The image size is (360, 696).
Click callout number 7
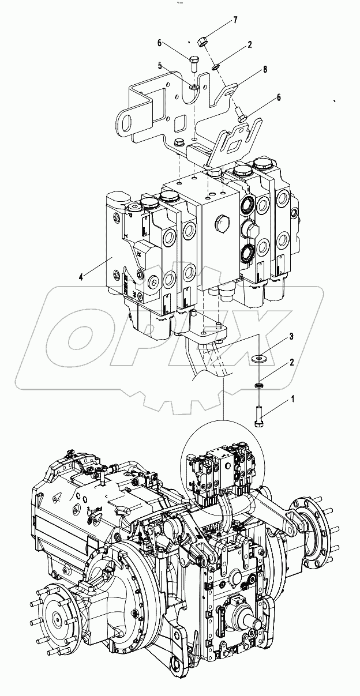tap(235, 20)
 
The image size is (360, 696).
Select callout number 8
tap(264, 69)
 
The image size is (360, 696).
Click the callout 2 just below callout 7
tap(249, 44)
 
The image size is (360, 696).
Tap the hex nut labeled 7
tap(202, 41)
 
